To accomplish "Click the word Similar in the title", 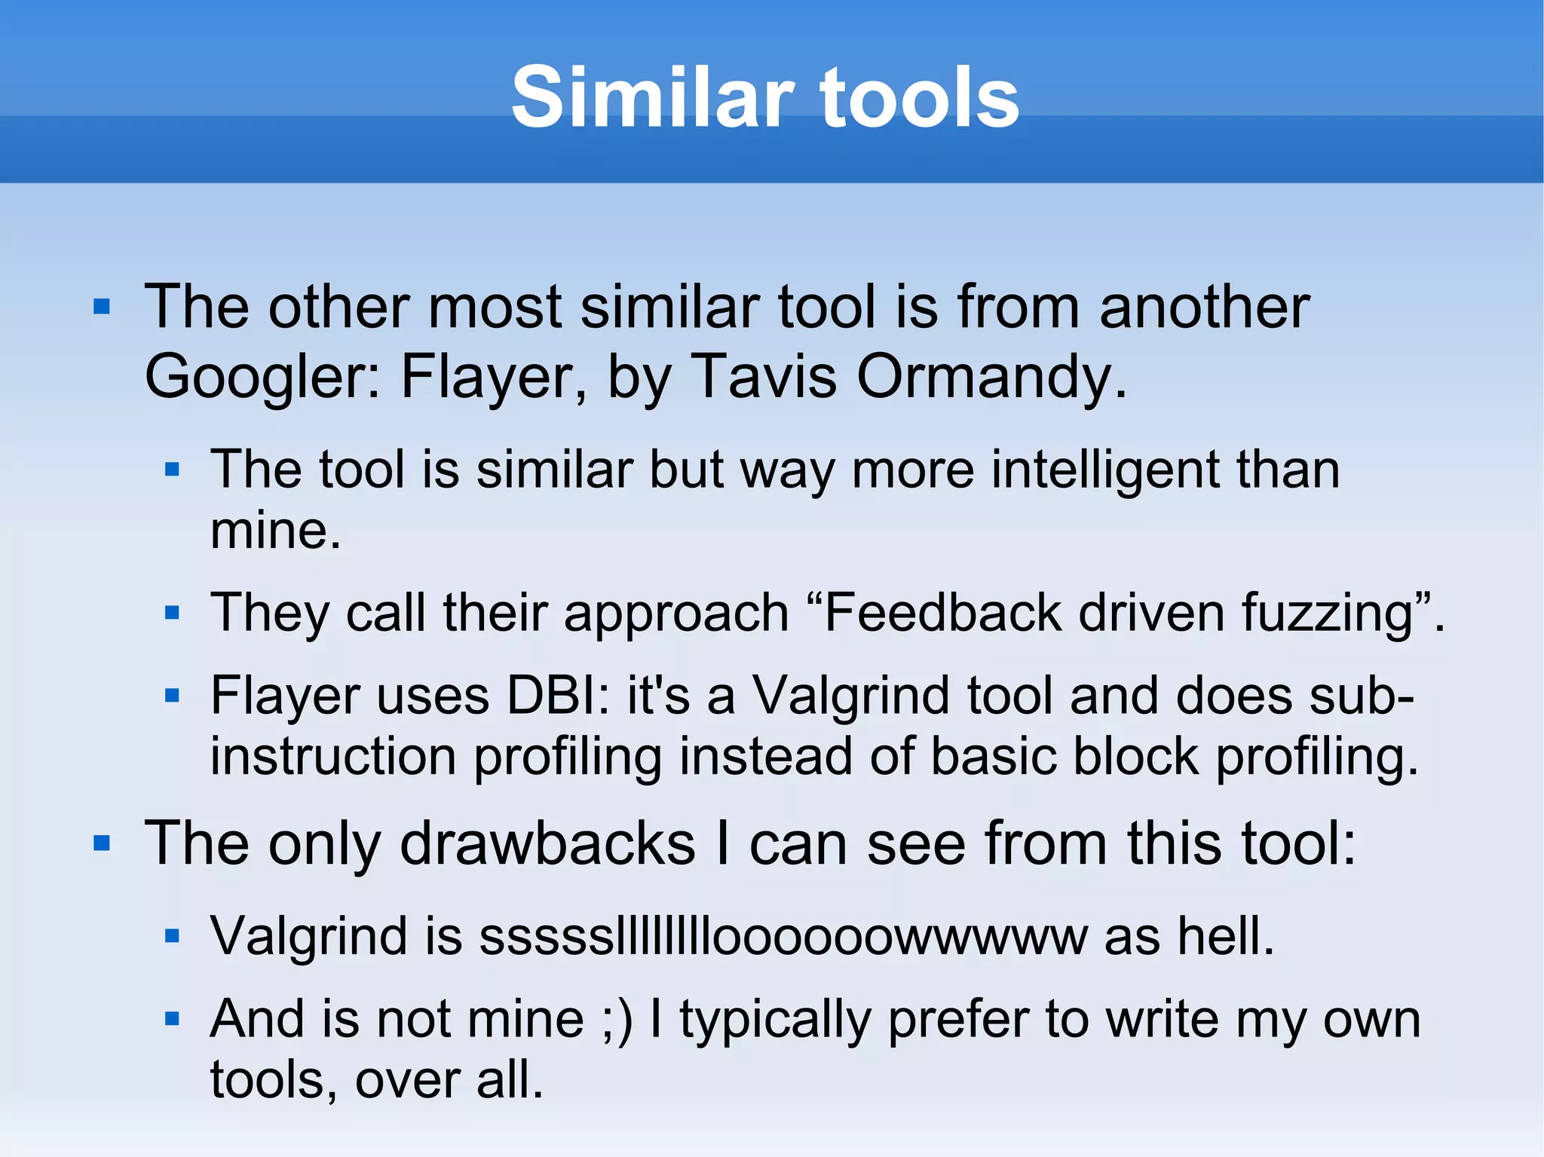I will tap(652, 98).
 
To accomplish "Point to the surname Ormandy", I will tap(991, 377).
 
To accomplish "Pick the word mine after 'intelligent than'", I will tap(275, 531).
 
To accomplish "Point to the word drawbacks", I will tap(547, 843).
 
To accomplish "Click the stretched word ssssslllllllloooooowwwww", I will tap(783, 937).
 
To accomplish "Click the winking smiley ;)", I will tap(617, 1020).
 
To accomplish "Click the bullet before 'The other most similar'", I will tap(102, 308).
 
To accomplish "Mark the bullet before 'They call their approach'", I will tap(172, 612).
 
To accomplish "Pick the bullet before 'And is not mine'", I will tap(172, 1020).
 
